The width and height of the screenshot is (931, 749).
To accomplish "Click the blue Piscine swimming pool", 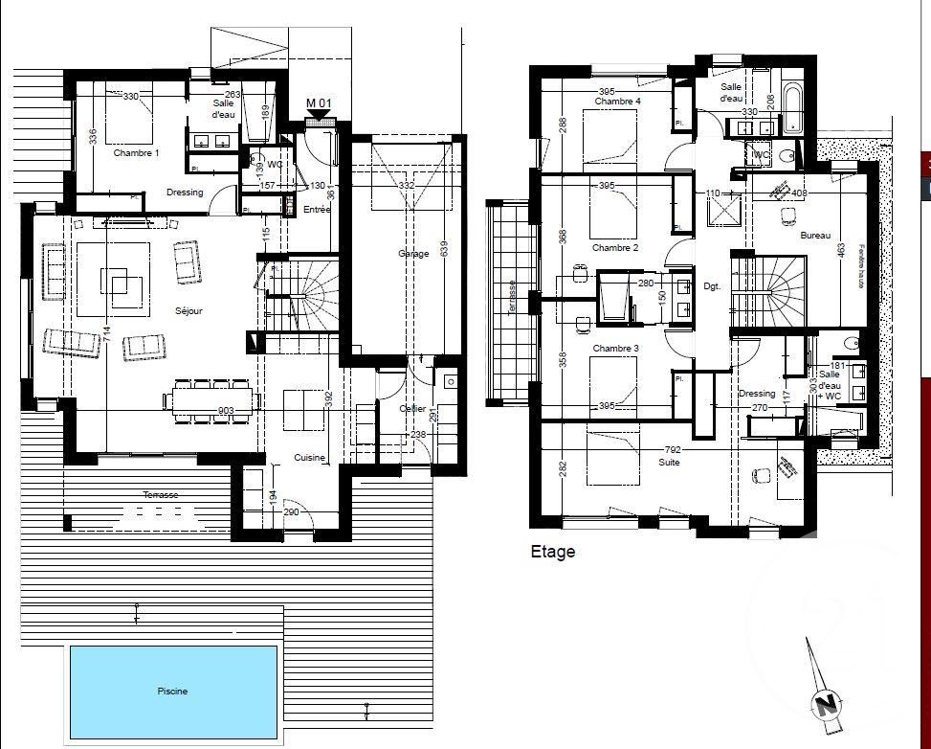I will pyautogui.click(x=172, y=692).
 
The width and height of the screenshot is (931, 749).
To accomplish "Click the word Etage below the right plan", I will pyautogui.click(x=553, y=552).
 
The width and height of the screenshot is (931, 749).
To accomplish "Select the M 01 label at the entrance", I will pyautogui.click(x=319, y=103).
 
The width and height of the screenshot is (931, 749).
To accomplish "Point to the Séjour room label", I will pyautogui.click(x=190, y=310).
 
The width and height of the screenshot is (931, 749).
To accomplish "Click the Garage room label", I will pyautogui.click(x=413, y=254).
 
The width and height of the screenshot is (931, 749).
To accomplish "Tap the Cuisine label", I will pyautogui.click(x=310, y=458).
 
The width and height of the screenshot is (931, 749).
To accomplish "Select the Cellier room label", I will pyautogui.click(x=412, y=409).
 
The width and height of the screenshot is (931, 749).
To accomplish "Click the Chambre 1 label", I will pyautogui.click(x=136, y=153).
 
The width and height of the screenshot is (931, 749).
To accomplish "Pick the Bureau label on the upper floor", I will pyautogui.click(x=815, y=236).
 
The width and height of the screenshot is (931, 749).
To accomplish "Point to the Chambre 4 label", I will pyautogui.click(x=617, y=102).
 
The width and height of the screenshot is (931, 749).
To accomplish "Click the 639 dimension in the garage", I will pyautogui.click(x=442, y=246).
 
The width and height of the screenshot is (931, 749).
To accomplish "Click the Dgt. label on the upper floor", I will pyautogui.click(x=711, y=285).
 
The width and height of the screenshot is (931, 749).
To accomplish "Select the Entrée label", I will pyautogui.click(x=316, y=210).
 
